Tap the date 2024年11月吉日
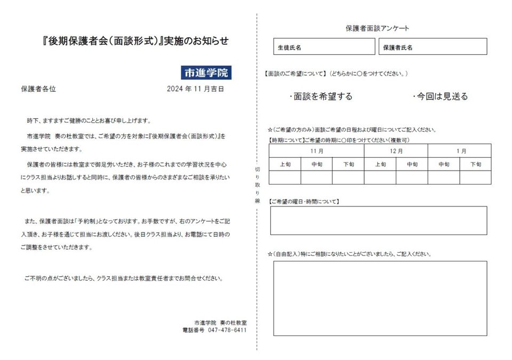195,89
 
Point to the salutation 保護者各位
38,89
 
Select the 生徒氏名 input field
324,47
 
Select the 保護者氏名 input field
433,47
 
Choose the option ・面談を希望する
321,97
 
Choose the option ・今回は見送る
441,97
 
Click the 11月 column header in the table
316,151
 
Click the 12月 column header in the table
396,151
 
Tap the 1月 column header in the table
460,151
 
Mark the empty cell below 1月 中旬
444,177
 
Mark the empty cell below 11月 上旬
285,177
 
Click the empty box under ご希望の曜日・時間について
378,220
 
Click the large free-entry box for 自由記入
380,298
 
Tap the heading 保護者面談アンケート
378,28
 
